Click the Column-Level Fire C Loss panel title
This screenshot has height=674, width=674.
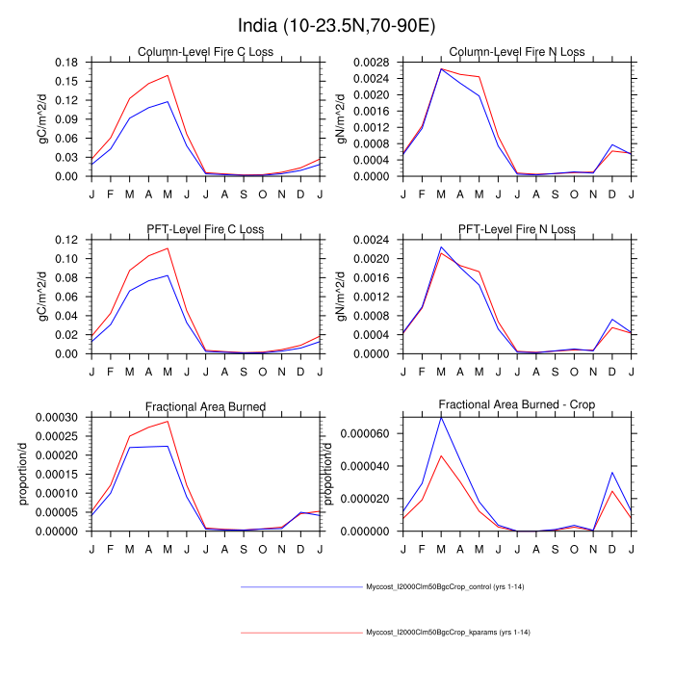click(x=205, y=52)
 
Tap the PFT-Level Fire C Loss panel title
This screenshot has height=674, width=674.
click(x=205, y=229)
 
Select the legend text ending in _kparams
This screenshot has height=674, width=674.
click(x=448, y=633)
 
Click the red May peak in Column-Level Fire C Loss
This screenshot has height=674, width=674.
click(x=168, y=75)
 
